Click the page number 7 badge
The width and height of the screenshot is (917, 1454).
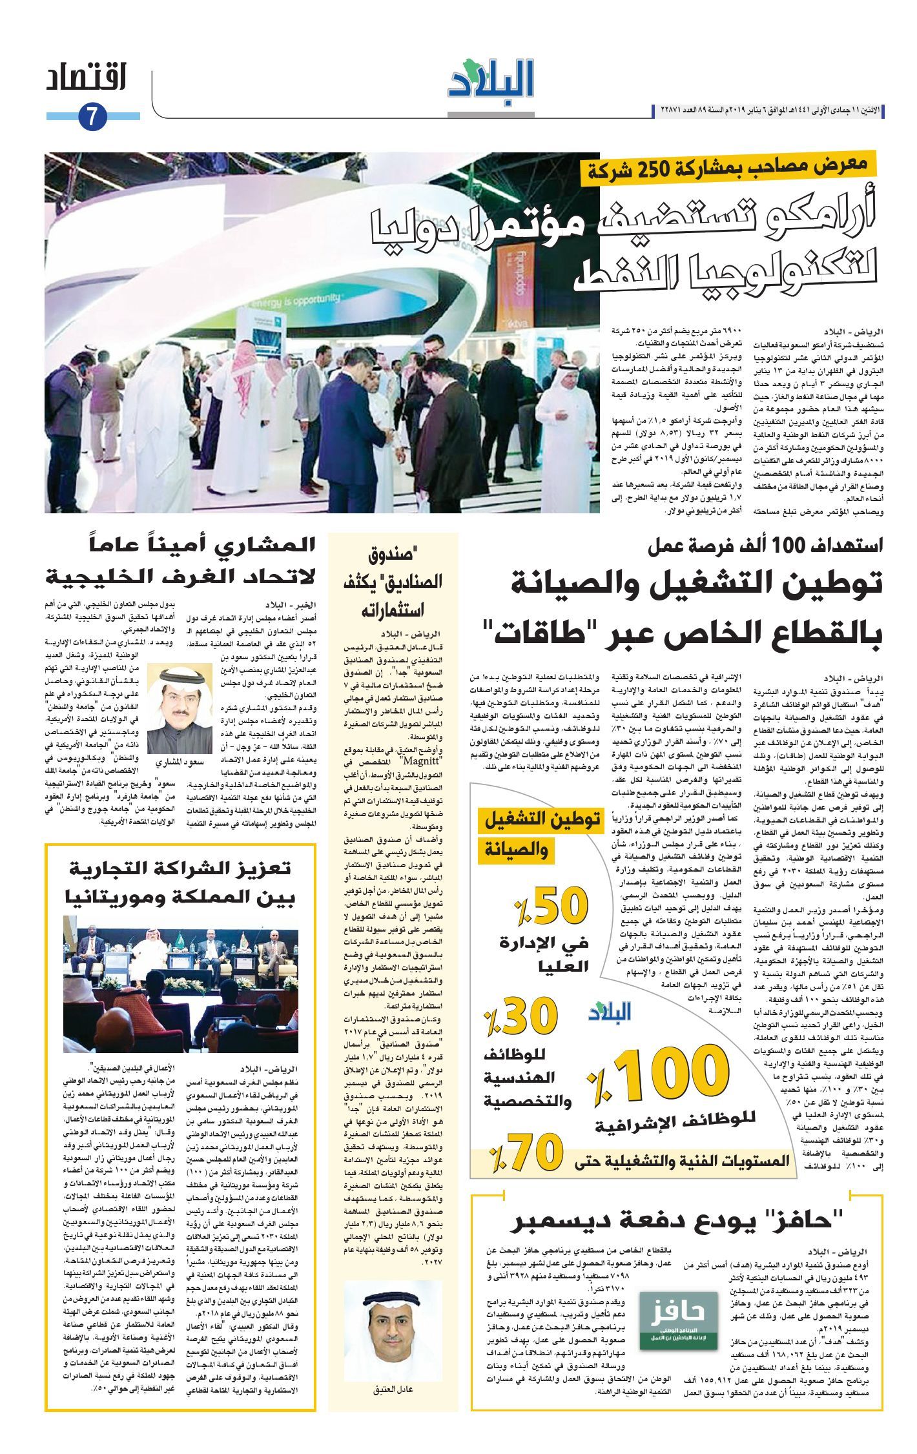[92, 117]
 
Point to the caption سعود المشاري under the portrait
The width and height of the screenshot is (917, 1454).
[180, 763]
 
